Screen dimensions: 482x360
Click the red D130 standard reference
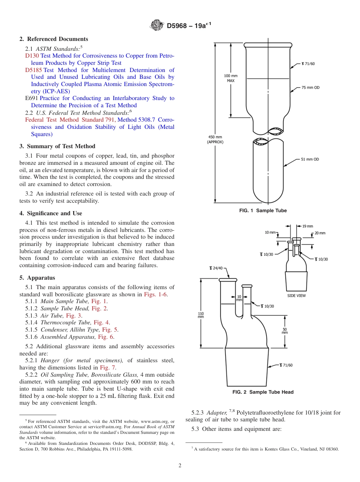click(32, 56)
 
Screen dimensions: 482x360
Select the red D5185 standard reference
click(33, 70)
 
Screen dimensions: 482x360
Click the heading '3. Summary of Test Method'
click(57, 146)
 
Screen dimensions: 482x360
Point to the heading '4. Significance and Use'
click(51, 213)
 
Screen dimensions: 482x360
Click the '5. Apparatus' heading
click(37, 278)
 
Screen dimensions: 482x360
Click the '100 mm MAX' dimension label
click(231, 78)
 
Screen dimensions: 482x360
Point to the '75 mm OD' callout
click(310, 88)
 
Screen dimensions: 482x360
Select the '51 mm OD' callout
click(310, 159)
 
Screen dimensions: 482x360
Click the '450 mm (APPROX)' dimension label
click(215, 139)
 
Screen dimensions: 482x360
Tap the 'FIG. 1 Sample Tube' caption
click(263, 211)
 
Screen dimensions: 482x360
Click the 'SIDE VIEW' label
click(296, 296)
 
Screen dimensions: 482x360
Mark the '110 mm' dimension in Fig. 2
click(201, 315)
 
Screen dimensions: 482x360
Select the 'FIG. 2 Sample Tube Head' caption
click(263, 392)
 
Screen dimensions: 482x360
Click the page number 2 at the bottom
click(180, 466)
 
